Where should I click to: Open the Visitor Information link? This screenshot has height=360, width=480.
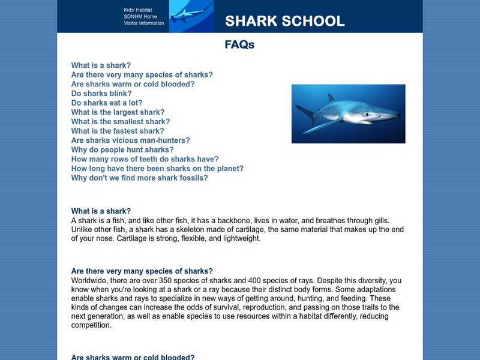click(143, 23)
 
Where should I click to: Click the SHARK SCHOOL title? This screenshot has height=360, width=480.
click(285, 22)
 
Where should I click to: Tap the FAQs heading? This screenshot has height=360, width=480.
click(239, 45)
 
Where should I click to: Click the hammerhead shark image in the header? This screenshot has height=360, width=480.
click(191, 16)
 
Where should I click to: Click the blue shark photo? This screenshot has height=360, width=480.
click(348, 113)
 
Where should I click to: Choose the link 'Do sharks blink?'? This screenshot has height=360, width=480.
click(101, 94)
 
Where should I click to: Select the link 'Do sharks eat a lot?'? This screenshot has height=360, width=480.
click(106, 103)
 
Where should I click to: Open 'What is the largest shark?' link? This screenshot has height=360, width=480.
click(118, 112)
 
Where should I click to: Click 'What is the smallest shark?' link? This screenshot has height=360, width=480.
click(120, 122)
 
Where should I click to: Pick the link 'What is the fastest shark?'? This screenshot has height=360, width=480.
click(117, 131)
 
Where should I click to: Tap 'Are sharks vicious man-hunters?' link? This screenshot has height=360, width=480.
click(130, 140)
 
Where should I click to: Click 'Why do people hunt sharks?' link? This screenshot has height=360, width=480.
click(122, 150)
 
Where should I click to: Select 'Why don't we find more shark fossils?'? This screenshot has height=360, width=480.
click(139, 178)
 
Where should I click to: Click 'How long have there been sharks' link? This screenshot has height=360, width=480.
click(157, 169)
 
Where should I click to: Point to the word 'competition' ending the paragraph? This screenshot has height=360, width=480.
click(91, 326)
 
